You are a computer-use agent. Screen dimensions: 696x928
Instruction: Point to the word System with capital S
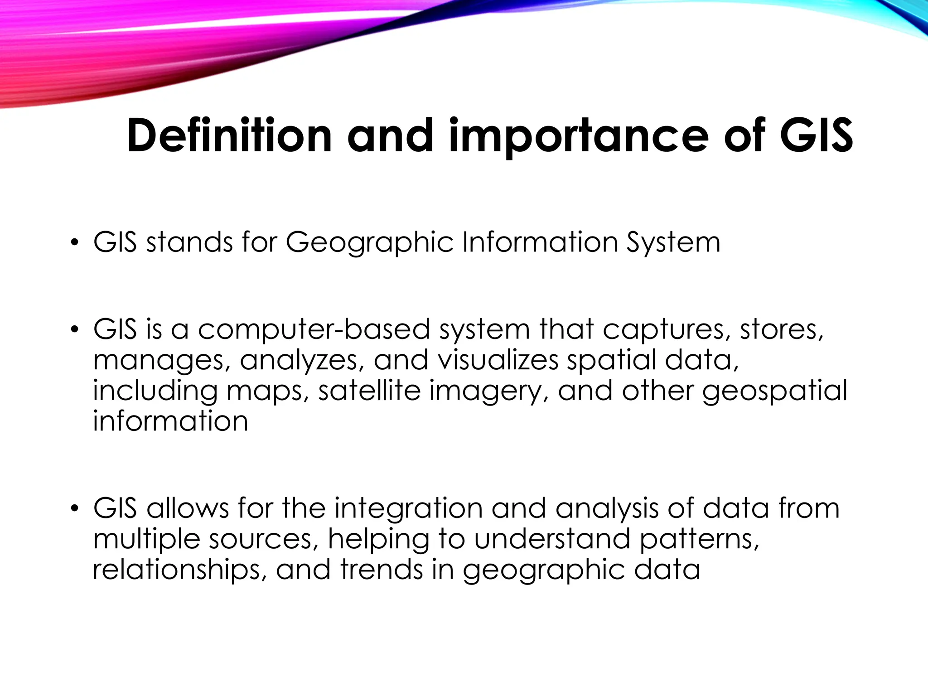[x=673, y=243]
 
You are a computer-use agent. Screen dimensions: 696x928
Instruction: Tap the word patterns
[x=699, y=540]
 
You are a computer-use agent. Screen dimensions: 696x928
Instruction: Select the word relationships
[x=177, y=570]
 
